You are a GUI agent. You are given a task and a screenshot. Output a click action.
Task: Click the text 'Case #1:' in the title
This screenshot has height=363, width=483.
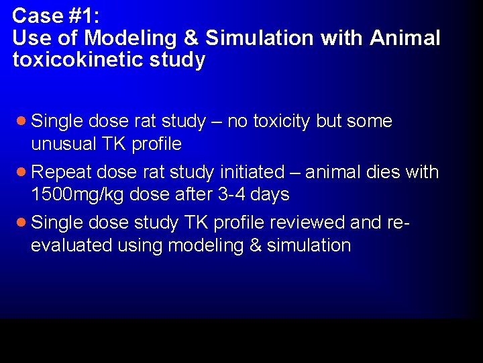pos(51,15)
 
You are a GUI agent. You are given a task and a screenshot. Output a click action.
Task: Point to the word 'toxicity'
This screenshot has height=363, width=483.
pos(282,122)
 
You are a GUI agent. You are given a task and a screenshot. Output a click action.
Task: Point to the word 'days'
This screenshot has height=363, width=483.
pos(268,195)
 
